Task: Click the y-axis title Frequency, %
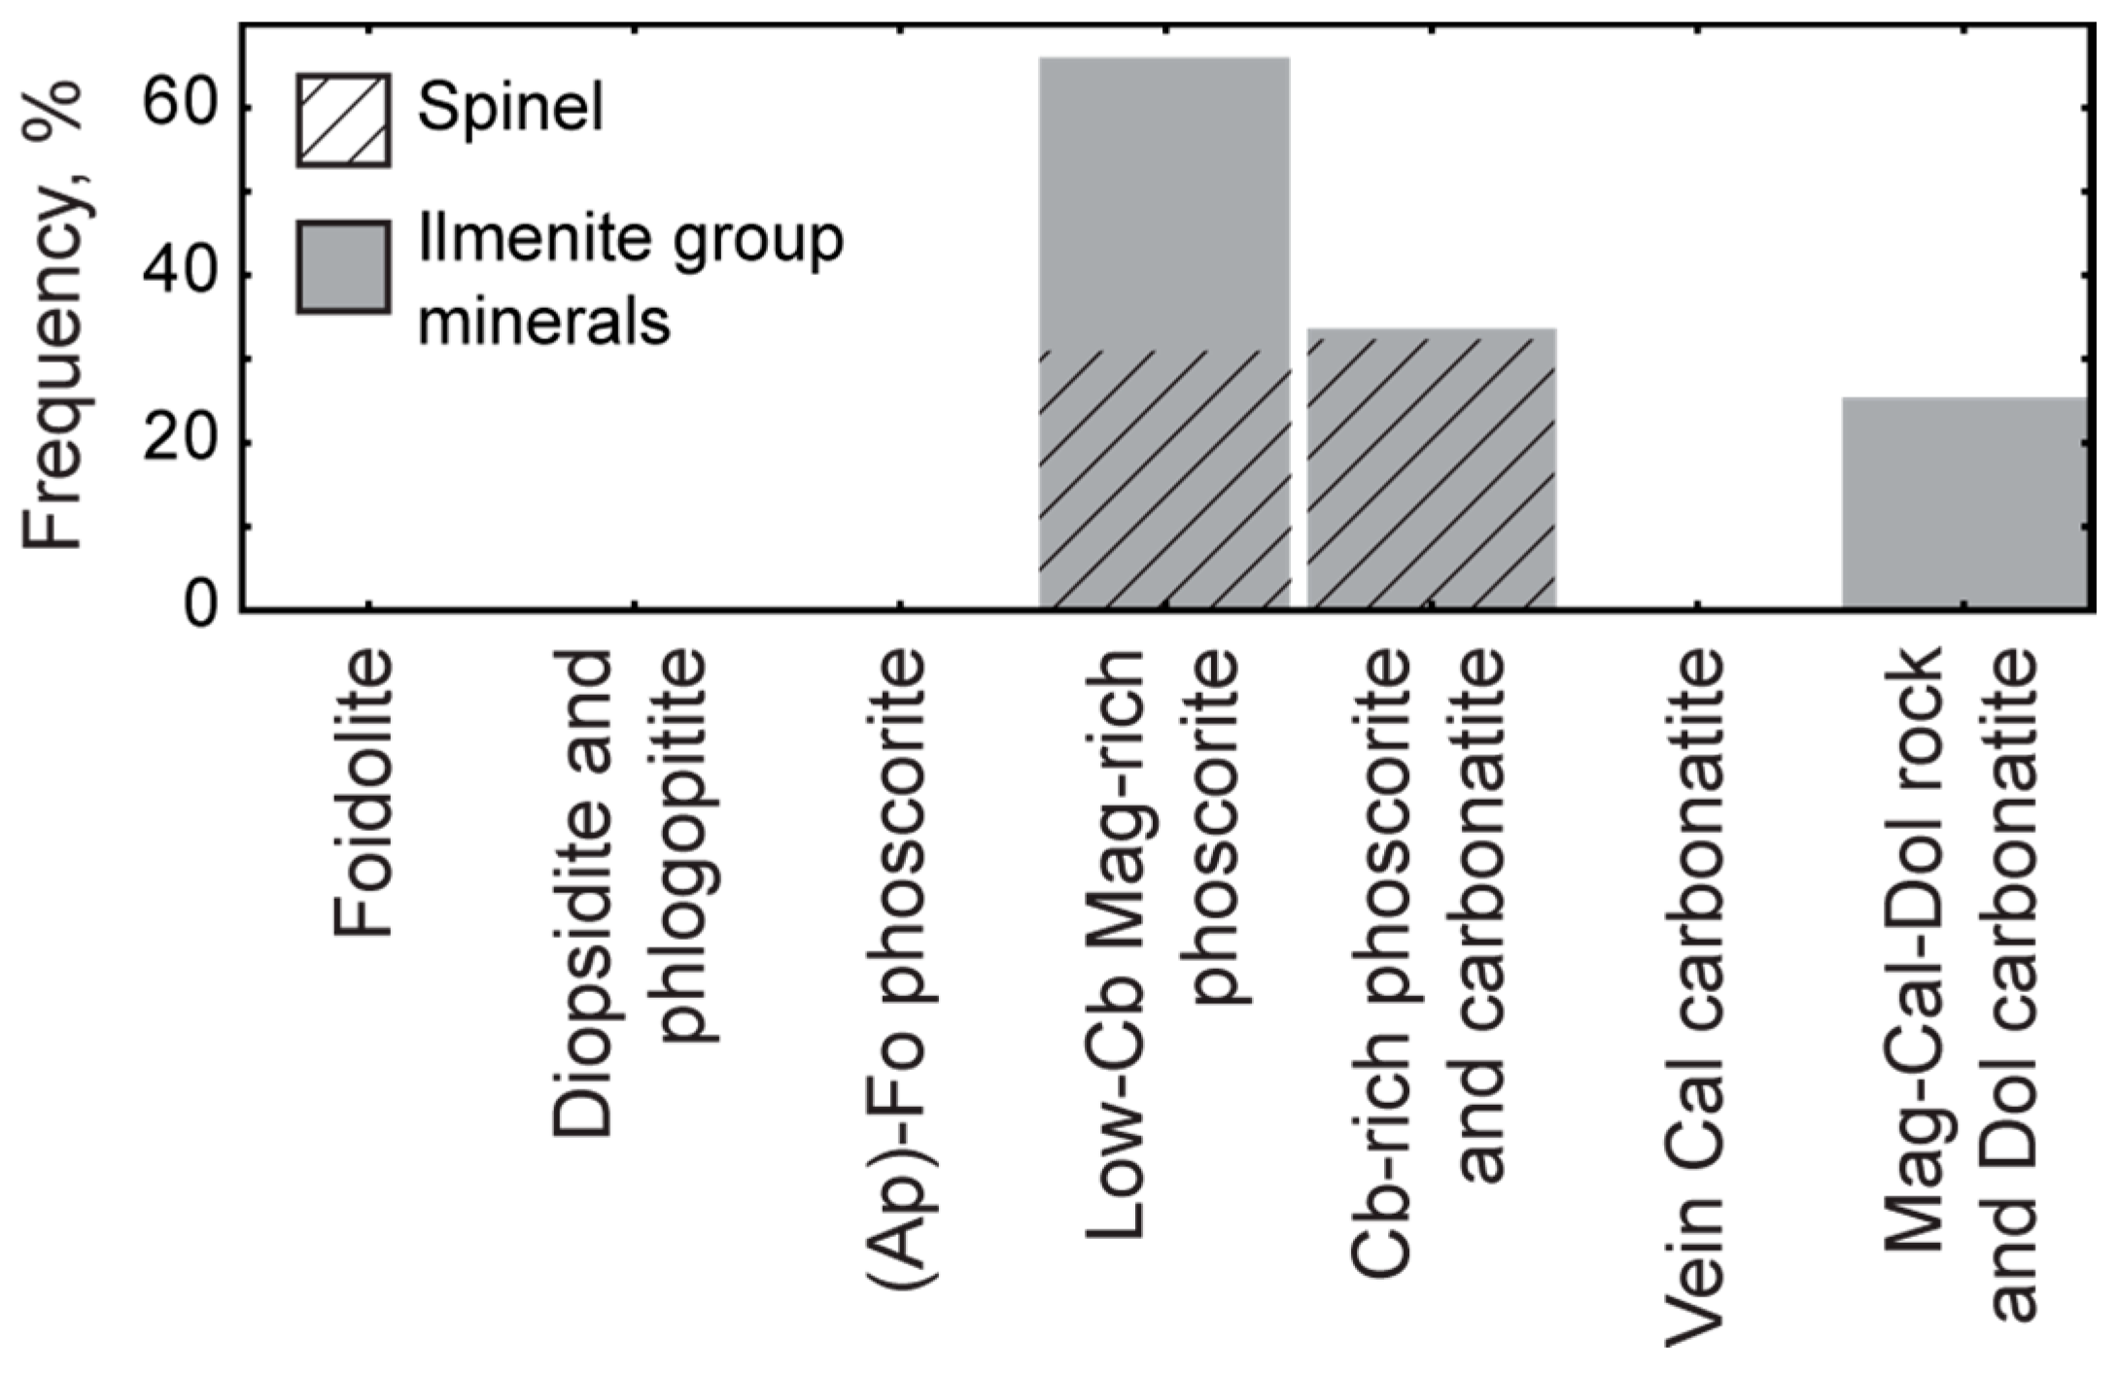click(53, 316)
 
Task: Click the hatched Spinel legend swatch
click(344, 120)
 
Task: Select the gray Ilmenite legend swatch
click(344, 267)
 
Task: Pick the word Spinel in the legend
click(510, 107)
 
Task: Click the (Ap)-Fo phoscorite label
click(896, 967)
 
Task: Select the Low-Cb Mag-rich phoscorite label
click(1164, 943)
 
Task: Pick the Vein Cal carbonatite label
click(1697, 996)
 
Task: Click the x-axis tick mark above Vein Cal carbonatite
click(1697, 604)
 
